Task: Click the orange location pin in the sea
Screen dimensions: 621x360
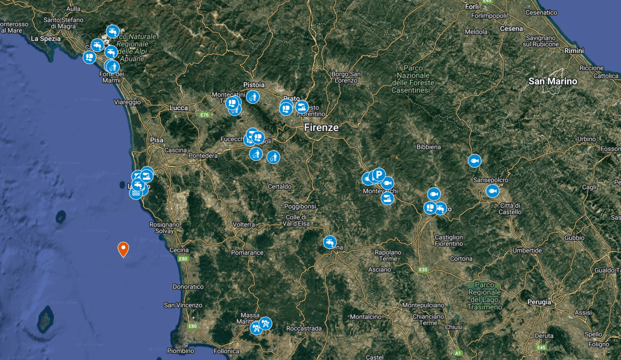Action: (123, 249)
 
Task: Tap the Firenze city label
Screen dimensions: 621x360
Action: (321, 127)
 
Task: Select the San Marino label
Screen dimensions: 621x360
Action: (553, 81)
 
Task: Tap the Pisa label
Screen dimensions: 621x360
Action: (156, 140)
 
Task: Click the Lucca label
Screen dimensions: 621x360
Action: (178, 108)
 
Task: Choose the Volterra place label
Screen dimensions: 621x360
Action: (244, 224)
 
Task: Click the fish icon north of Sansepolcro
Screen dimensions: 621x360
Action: (474, 161)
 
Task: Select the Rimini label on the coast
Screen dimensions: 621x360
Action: (574, 51)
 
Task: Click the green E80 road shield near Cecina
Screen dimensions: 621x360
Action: (183, 258)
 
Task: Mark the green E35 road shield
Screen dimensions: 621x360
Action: (423, 269)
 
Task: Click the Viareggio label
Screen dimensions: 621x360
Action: (128, 102)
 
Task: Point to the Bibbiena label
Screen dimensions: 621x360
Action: (429, 147)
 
